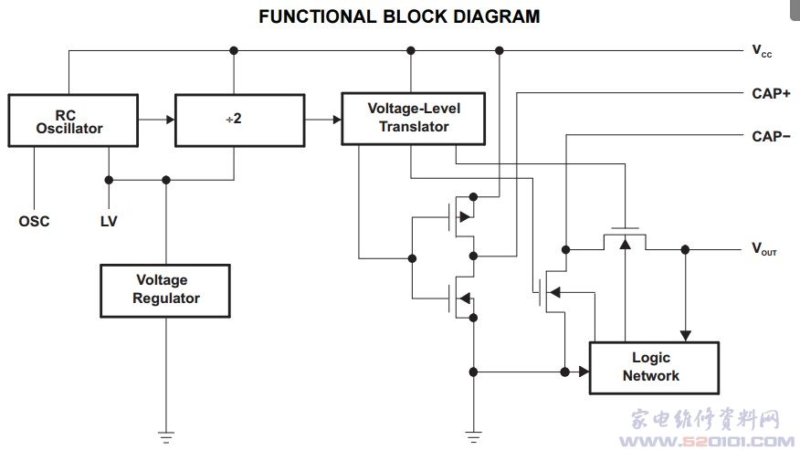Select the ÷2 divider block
[x=234, y=120]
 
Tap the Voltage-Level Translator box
[x=413, y=118]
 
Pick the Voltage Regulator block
[x=165, y=289]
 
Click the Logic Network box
[x=654, y=367]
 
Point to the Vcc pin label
[x=762, y=52]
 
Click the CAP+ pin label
[x=771, y=93]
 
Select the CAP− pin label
[x=771, y=137]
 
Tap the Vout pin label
[x=763, y=248]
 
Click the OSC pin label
[x=34, y=221]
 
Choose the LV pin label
[x=108, y=221]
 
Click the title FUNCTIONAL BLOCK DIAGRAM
[x=399, y=16]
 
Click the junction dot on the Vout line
[x=685, y=248]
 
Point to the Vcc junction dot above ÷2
[x=234, y=50]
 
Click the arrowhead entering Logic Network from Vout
[x=685, y=336]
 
